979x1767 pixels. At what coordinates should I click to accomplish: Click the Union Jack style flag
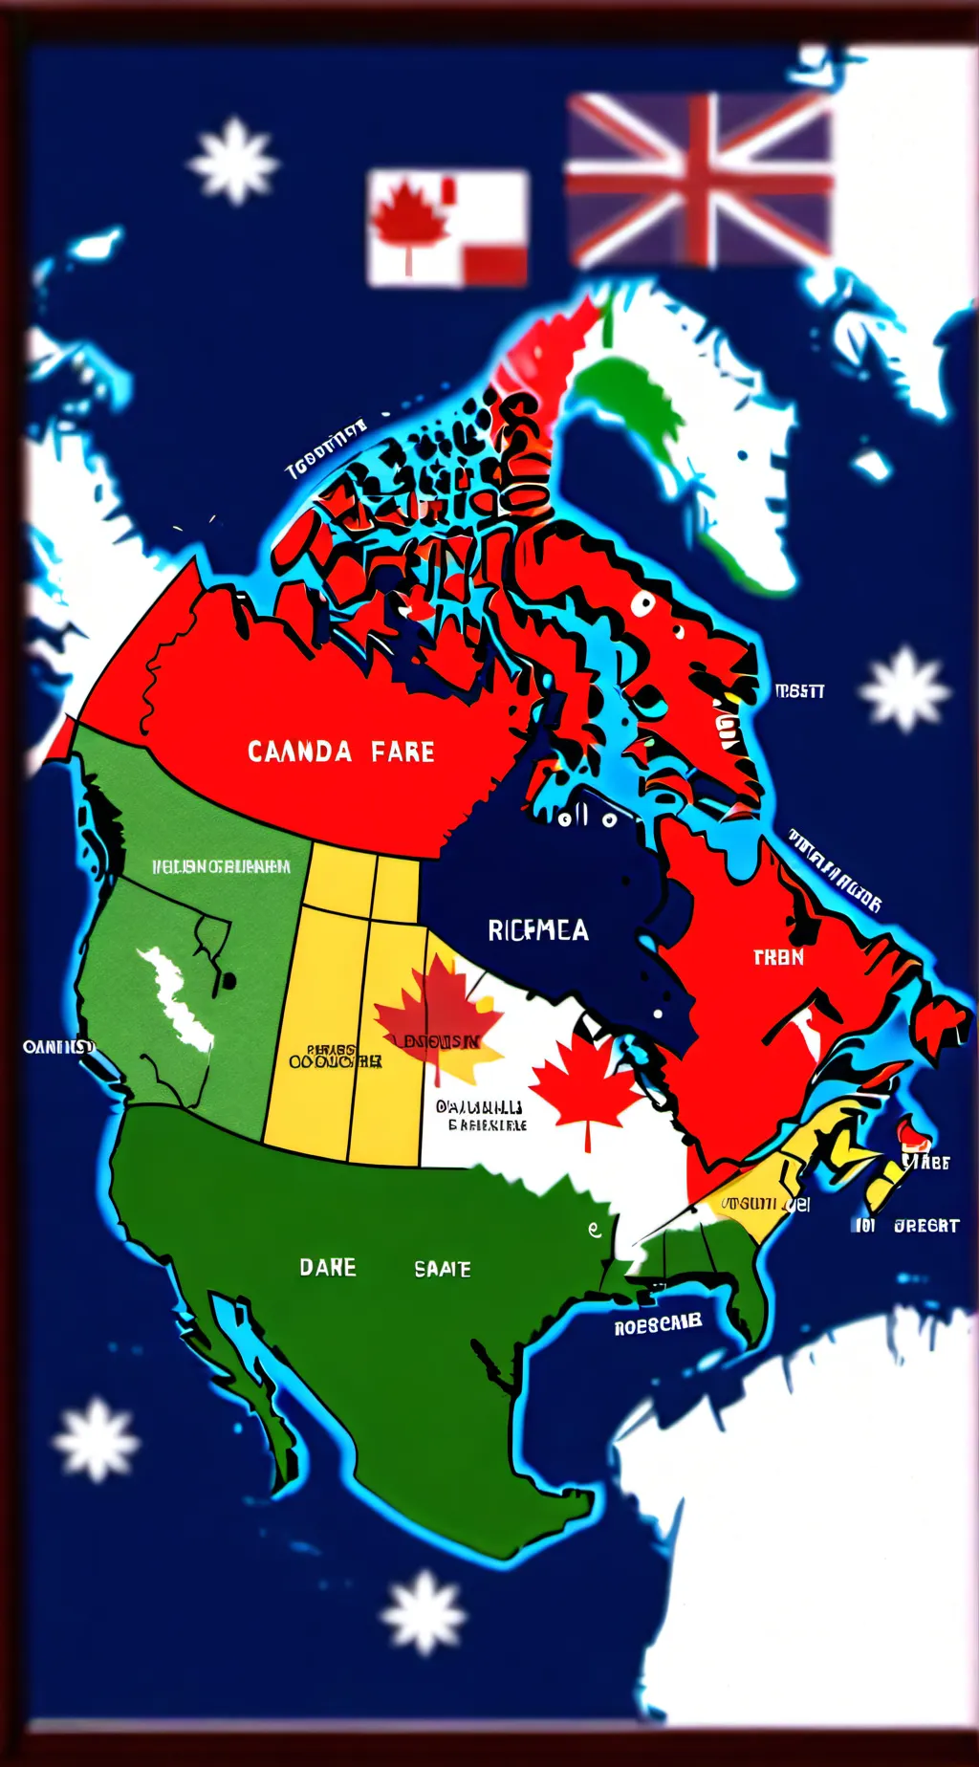point(699,180)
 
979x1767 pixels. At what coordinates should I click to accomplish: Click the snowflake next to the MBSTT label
point(903,689)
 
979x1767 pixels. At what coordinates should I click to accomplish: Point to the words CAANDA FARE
point(341,752)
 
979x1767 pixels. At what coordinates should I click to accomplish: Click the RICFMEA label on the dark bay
point(538,930)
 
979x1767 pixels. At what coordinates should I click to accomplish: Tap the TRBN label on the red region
point(778,957)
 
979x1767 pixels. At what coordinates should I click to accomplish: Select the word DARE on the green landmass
point(328,1267)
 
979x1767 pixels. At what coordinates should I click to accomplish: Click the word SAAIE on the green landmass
point(443,1269)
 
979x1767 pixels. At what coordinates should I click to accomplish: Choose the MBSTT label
point(799,690)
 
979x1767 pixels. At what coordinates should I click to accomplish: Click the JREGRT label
point(925,1225)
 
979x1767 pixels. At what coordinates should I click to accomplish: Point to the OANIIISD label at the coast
point(58,1047)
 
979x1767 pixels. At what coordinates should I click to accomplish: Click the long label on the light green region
point(221,866)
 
